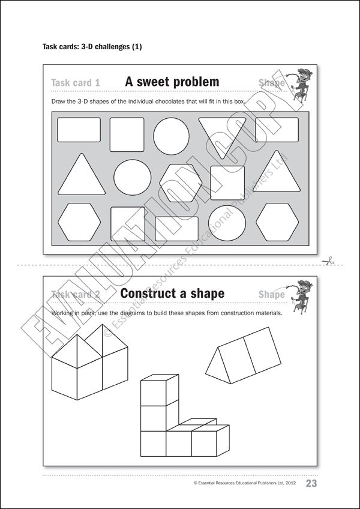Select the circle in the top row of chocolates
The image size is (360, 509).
(x=171, y=135)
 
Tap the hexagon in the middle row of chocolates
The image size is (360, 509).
(x=181, y=182)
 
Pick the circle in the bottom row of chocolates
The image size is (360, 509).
(x=227, y=223)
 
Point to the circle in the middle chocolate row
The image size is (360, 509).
(x=133, y=177)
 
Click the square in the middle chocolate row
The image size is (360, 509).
(x=227, y=182)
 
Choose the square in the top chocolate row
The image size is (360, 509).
(x=127, y=134)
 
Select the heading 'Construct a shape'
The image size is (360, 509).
(x=172, y=294)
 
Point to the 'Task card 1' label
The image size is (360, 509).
(x=76, y=83)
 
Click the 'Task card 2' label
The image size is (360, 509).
(x=76, y=294)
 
